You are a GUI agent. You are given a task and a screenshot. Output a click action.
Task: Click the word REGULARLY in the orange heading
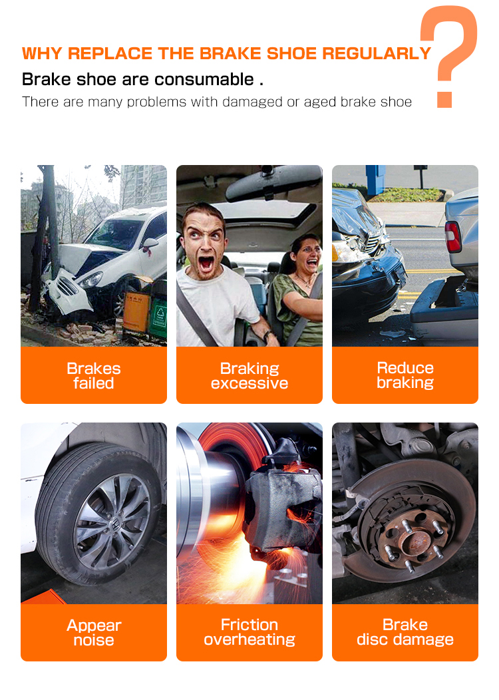pyautogui.click(x=377, y=54)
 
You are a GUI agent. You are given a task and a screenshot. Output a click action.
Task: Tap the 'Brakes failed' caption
pyautogui.click(x=94, y=375)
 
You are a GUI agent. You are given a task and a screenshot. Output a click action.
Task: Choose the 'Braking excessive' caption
pyautogui.click(x=249, y=375)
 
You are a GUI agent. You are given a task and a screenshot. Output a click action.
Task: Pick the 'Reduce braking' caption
pyautogui.click(x=405, y=375)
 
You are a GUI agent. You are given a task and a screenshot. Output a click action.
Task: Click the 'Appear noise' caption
pyautogui.click(x=94, y=633)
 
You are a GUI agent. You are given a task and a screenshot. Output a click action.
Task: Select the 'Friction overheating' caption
pyautogui.click(x=249, y=631)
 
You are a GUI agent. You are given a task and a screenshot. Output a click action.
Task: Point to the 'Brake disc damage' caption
pyautogui.click(x=405, y=631)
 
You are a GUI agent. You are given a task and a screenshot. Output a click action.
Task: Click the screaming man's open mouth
pyautogui.click(x=206, y=263)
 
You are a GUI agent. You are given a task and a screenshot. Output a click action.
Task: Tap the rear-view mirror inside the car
pyautogui.click(x=273, y=184)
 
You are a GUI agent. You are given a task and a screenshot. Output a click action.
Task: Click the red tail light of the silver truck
pyautogui.click(x=452, y=237)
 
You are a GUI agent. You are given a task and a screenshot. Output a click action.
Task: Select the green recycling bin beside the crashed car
pyautogui.click(x=158, y=319)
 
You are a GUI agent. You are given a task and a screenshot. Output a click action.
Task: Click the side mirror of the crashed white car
pyautogui.click(x=150, y=243)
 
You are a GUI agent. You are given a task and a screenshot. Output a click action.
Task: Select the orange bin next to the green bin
pyautogui.click(x=136, y=312)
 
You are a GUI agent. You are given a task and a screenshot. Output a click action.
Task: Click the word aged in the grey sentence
pyautogui.click(x=319, y=102)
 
